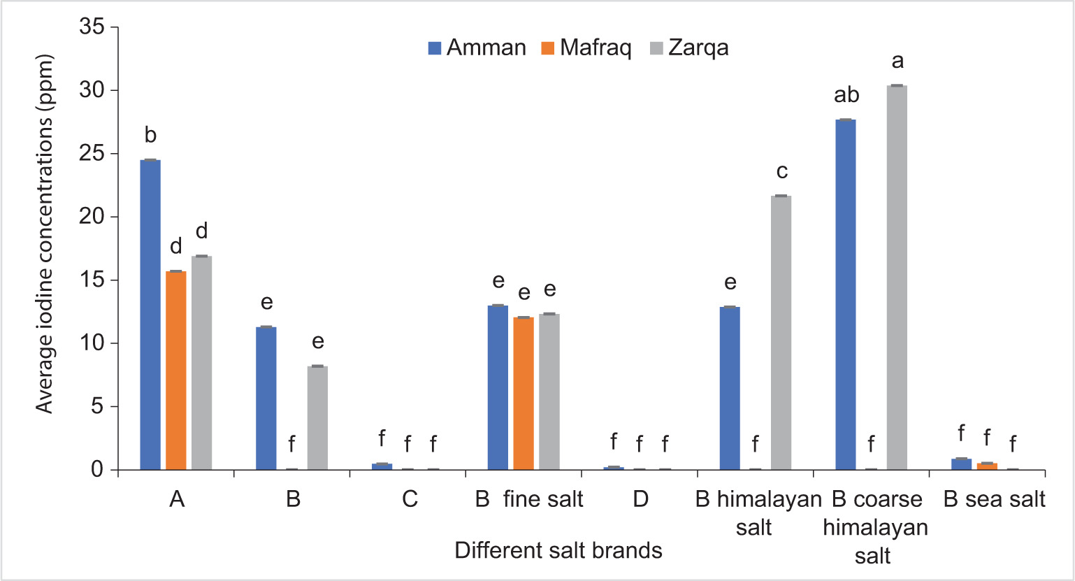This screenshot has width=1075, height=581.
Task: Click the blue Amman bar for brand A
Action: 150,315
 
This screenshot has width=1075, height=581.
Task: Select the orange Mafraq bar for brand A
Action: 176,370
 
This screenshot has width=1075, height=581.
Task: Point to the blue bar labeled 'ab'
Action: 846,294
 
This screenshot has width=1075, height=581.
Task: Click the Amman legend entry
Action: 477,48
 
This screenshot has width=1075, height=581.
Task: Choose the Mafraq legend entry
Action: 586,48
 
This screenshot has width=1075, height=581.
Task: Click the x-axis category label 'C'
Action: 410,499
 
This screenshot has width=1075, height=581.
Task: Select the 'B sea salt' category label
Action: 994,499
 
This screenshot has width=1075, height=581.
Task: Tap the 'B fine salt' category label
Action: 529,499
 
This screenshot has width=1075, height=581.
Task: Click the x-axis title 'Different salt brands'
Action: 558,550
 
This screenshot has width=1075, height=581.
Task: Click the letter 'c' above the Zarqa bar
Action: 782,171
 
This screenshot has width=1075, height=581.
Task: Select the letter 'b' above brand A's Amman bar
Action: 150,135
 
